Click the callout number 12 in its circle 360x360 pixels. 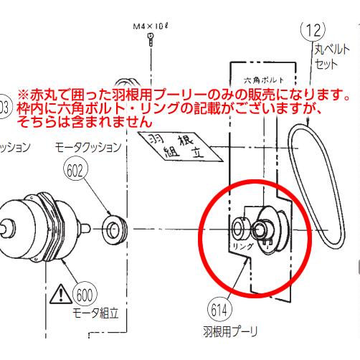(314, 31)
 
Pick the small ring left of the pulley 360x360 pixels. (238, 229)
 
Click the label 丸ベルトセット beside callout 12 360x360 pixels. (329, 57)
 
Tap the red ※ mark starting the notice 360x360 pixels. (23, 95)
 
